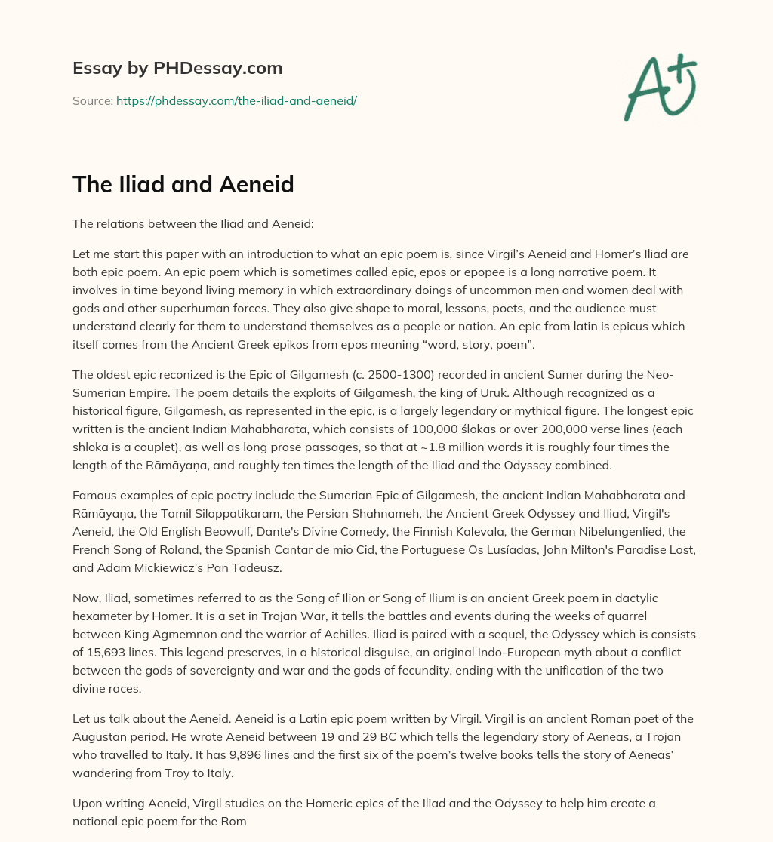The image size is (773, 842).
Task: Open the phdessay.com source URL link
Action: pyautogui.click(x=236, y=100)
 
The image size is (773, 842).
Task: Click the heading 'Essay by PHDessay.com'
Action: pyautogui.click(x=177, y=69)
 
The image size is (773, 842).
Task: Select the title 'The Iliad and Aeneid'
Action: pyautogui.click(x=183, y=184)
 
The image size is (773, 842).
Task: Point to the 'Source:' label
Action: pyautogui.click(x=92, y=100)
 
